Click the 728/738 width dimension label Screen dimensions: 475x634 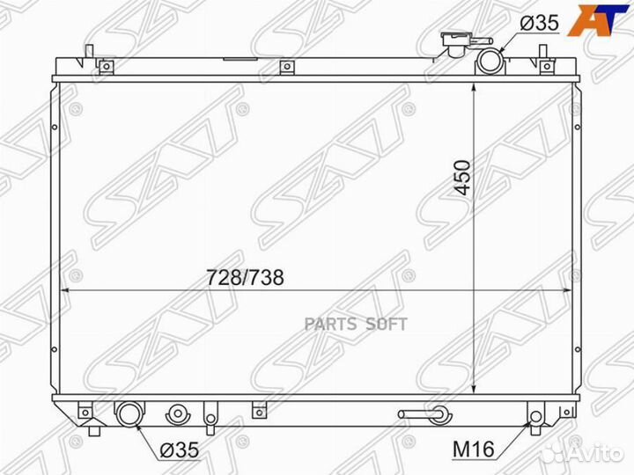[245, 277]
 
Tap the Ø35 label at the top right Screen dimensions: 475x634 [538, 24]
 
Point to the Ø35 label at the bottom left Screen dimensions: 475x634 [179, 449]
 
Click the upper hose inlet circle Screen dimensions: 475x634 [490, 62]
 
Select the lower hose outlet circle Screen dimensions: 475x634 [129, 413]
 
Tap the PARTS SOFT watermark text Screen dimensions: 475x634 [356, 324]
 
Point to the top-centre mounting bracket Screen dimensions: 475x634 [285, 68]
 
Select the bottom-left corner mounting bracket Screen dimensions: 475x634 [85, 411]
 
